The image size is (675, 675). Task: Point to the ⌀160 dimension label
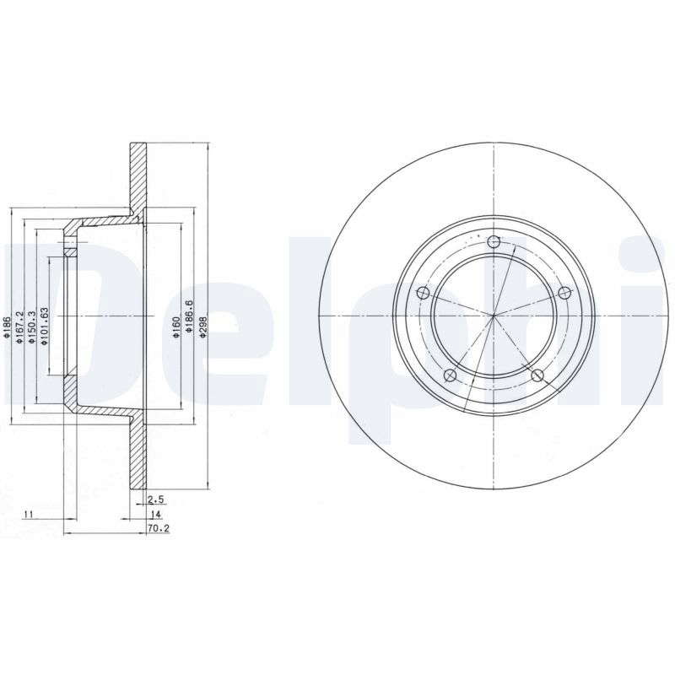click(x=175, y=327)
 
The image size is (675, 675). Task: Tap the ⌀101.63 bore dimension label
click(x=44, y=326)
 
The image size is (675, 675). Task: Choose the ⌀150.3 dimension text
click(x=31, y=327)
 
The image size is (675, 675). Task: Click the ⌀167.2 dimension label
click(x=19, y=327)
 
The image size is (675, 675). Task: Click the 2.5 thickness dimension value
click(x=156, y=499)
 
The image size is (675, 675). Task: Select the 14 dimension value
click(x=155, y=514)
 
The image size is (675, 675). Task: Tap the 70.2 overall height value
click(x=159, y=528)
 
